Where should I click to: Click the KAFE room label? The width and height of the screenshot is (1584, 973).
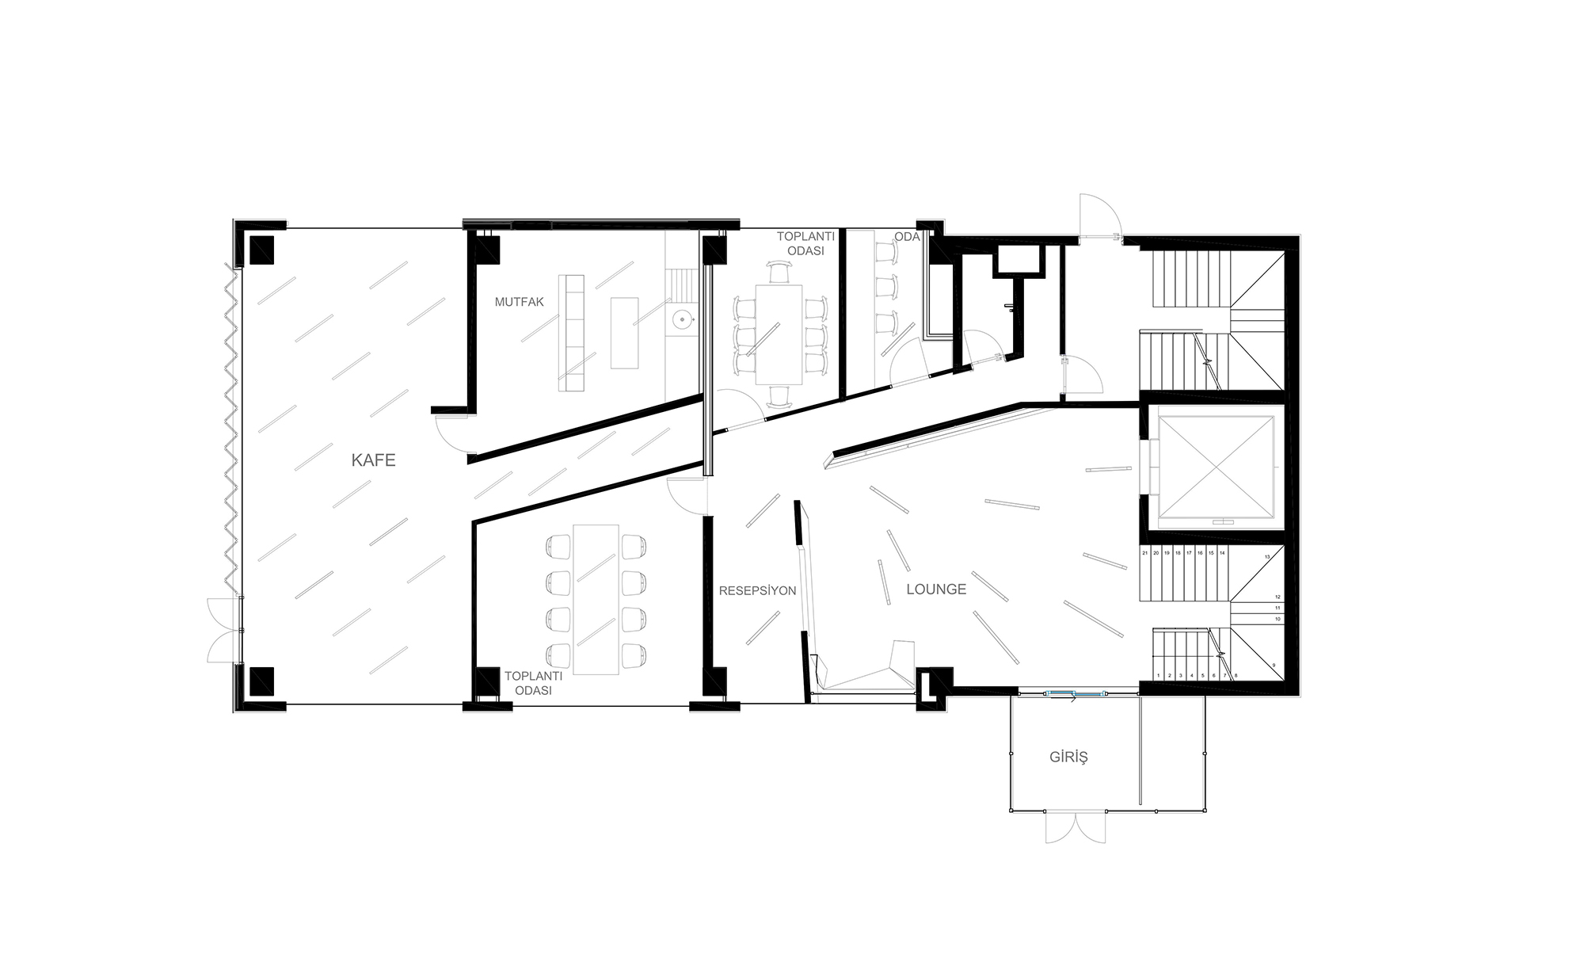pos(373,460)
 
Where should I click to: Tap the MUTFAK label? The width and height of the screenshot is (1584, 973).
pos(520,302)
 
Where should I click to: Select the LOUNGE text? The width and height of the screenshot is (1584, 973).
pos(936,590)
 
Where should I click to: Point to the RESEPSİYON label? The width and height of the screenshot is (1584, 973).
pos(757,591)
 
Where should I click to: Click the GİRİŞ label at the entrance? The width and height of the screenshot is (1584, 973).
pos(1068,757)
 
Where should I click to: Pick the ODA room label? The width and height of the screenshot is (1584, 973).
pos(907,237)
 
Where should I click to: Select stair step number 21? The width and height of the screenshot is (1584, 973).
pos(1145,553)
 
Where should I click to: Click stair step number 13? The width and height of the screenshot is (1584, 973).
pos(1267,558)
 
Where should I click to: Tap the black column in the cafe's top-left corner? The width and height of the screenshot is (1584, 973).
pos(262,250)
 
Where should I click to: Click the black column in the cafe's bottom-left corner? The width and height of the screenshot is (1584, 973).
pos(262,681)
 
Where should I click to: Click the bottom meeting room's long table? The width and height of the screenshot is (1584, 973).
pos(596,599)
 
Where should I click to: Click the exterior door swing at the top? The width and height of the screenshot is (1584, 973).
pos(1098,216)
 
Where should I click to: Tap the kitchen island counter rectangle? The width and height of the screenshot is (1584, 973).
pos(624,333)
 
